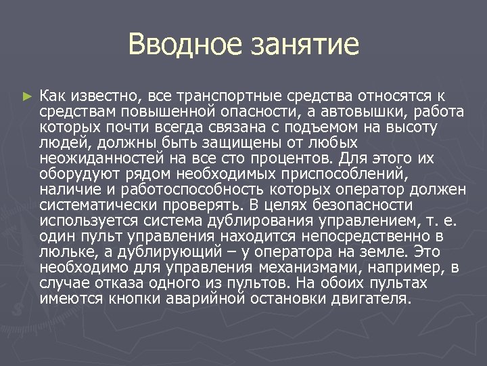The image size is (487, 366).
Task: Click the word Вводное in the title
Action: (177, 45)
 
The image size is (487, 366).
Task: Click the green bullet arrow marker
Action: (27, 98)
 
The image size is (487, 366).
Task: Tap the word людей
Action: (62, 142)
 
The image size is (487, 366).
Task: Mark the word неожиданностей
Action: (101, 158)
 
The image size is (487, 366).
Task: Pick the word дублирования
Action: (250, 220)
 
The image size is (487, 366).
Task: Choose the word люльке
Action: (66, 251)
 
